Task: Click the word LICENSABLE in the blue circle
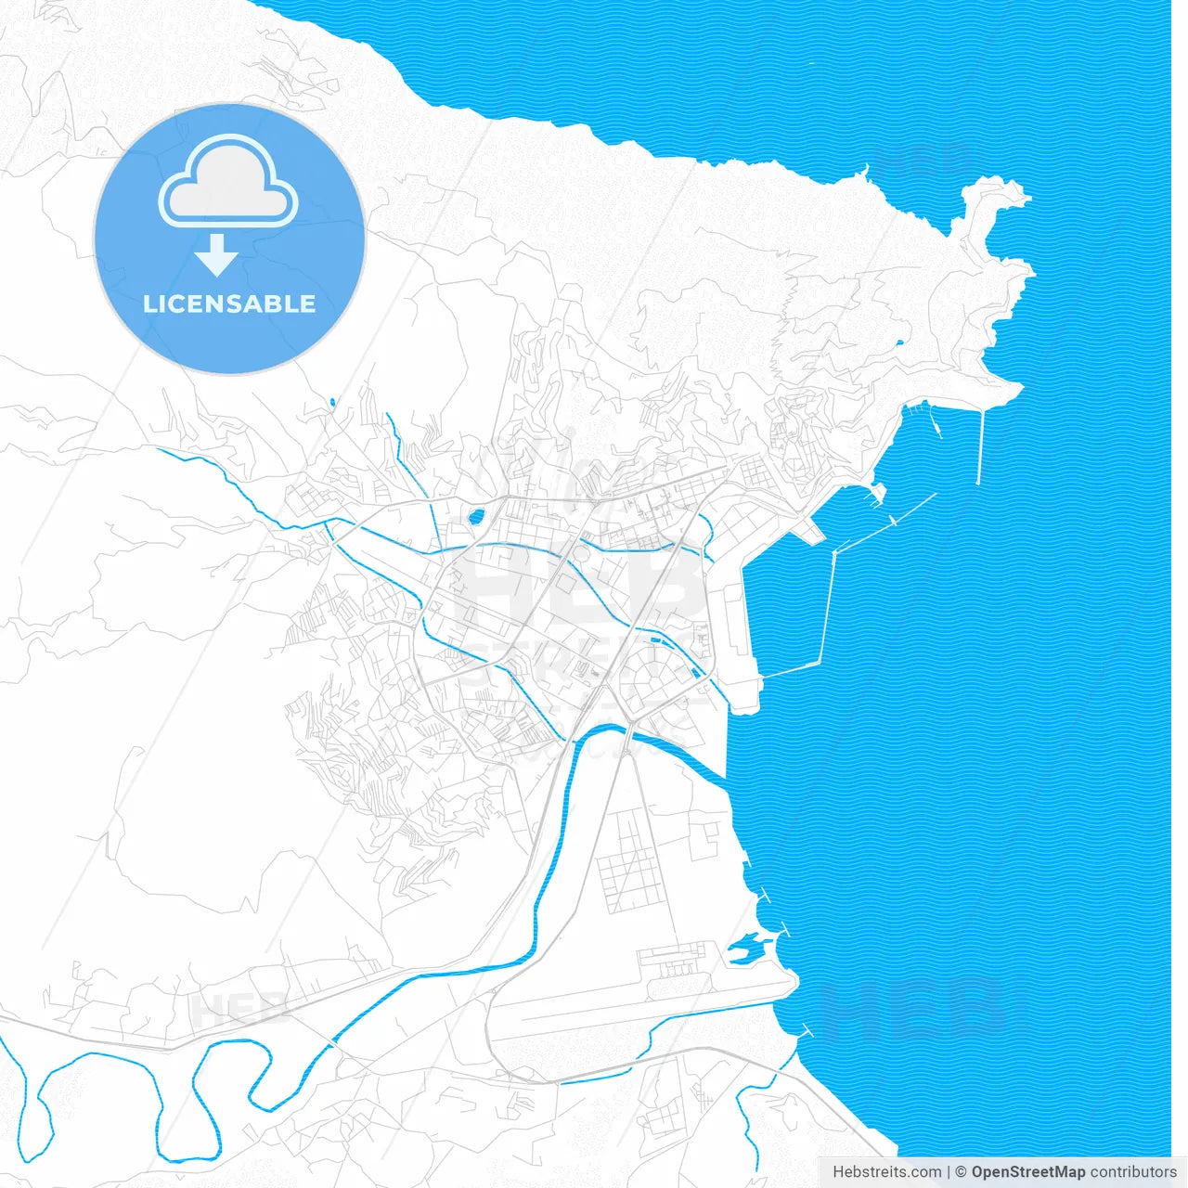[x=229, y=304]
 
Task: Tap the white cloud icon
[x=228, y=182]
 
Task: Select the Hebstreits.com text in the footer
[x=886, y=1172]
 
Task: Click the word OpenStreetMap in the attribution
[x=1027, y=1172]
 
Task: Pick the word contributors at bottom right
[x=1132, y=1172]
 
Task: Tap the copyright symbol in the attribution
[x=962, y=1172]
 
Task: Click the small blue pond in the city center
[x=476, y=516]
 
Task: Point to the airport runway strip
[x=640, y=1007]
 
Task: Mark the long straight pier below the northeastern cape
[x=981, y=445]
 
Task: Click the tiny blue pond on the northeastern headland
[x=898, y=344]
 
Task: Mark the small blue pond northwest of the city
[x=331, y=402]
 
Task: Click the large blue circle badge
[x=229, y=239]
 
